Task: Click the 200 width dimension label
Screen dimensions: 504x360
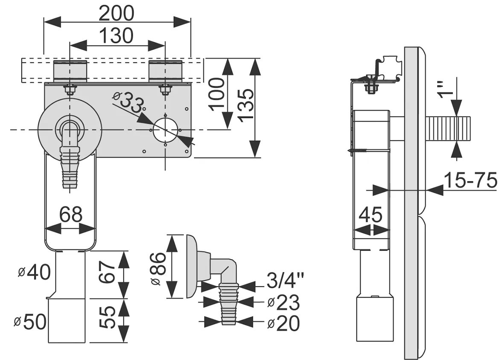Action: [x=116, y=14]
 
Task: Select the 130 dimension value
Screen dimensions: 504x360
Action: [x=116, y=35]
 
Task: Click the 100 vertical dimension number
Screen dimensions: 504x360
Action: [x=217, y=94]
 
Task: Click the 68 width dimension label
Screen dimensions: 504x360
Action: [x=71, y=214]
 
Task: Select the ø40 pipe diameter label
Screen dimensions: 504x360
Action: [x=35, y=272]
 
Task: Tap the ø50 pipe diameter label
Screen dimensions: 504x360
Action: [x=30, y=322]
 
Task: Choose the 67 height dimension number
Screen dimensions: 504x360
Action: [x=107, y=272]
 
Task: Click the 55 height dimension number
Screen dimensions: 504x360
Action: [x=107, y=317]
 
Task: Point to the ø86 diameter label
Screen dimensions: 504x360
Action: [x=158, y=268]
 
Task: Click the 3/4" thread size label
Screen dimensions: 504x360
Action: [x=285, y=280]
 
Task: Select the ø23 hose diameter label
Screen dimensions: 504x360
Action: [x=283, y=302]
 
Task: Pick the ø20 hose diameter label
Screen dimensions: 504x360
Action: [x=283, y=323]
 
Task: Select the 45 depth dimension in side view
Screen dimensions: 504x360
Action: [x=370, y=215]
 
